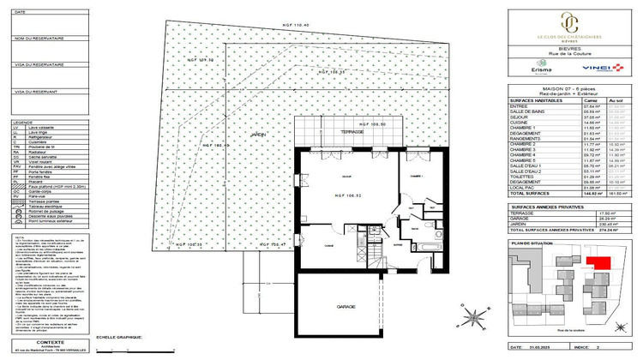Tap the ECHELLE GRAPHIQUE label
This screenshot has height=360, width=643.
pos(117,337)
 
